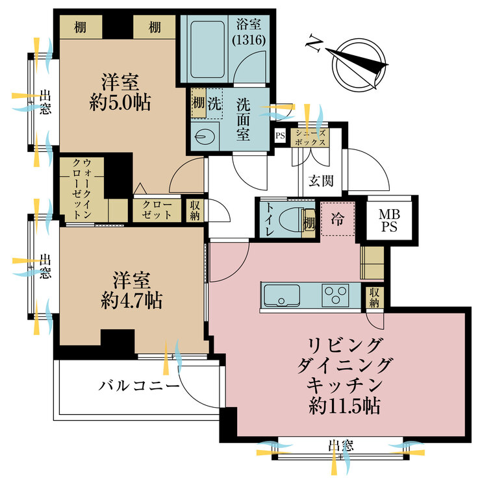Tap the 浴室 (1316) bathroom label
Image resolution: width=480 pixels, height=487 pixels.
pyautogui.click(x=250, y=32)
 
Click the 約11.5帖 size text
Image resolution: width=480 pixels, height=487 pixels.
pyautogui.click(x=345, y=406)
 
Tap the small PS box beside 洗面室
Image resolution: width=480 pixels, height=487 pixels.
pyautogui.click(x=280, y=136)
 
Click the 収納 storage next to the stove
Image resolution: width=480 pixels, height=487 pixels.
pyautogui.click(x=375, y=298)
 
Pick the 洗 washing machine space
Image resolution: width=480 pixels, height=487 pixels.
pyautogui.click(x=213, y=103)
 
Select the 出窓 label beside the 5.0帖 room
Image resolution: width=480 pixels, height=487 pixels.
pyautogui.click(x=44, y=103)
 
